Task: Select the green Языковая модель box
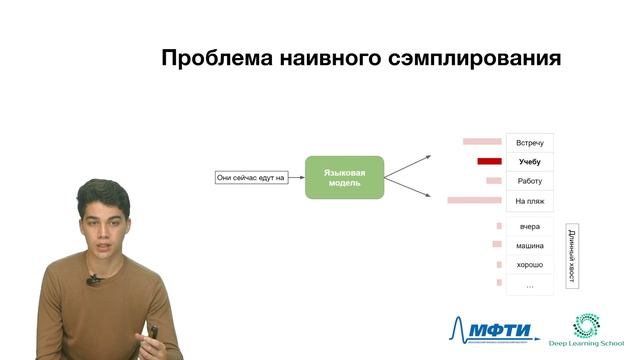[x=344, y=178]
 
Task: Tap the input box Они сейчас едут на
[x=251, y=178]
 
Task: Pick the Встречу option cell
[x=529, y=143]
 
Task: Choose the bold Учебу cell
[x=529, y=162]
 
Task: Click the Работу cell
[x=529, y=181]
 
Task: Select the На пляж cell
[x=529, y=201]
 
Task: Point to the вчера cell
[x=529, y=226]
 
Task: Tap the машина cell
[x=529, y=245]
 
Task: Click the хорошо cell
[x=529, y=265]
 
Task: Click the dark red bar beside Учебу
[x=489, y=162]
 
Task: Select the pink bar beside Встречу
[x=482, y=143]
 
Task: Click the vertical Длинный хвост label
[x=571, y=256]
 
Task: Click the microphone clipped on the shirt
[x=92, y=281]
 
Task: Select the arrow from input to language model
[x=296, y=178]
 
